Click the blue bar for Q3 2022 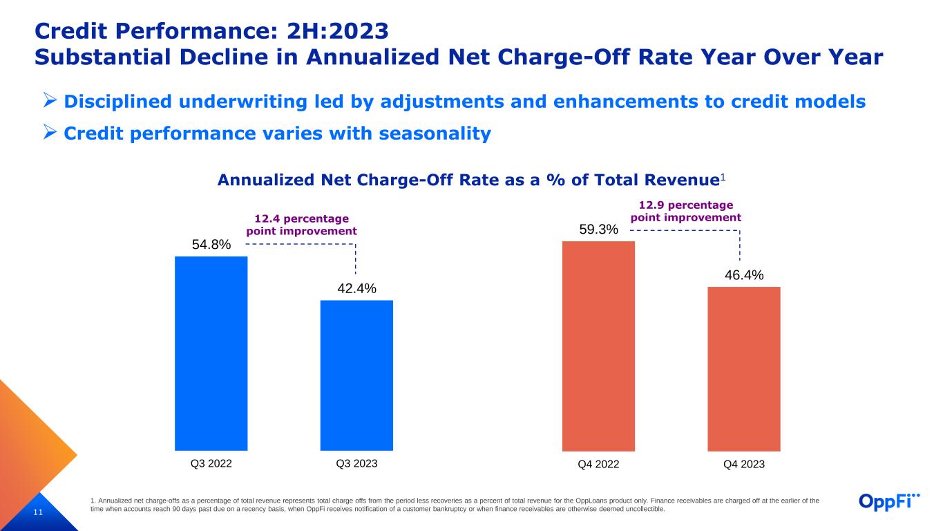pos(211,353)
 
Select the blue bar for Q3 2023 pos(356,375)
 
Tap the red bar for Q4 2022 pos(598,346)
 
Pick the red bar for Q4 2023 pos(744,369)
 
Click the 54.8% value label pos(211,245)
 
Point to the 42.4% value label pos(356,288)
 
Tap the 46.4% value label pos(744,275)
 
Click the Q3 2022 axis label pos(211,464)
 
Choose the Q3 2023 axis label pos(356,464)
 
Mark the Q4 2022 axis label pos(598,465)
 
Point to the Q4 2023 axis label pos(744,465)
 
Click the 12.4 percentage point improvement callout pos(302,225)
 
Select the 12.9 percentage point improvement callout pos(685,211)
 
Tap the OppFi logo pos(890,501)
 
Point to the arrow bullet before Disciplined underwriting pos(49,102)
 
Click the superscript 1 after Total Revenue pos(723,178)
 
